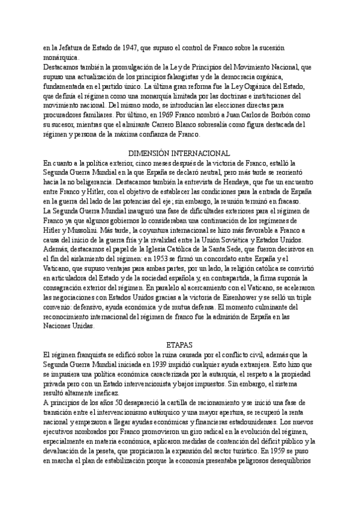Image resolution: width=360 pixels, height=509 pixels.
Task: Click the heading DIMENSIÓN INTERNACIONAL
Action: click(x=180, y=153)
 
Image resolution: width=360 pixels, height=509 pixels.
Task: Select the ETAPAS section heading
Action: click(x=179, y=345)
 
